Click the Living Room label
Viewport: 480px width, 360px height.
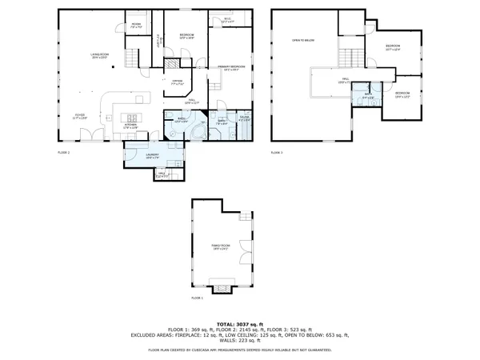pyautogui.click(x=98, y=55)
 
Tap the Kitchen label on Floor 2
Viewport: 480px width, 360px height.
pyautogui.click(x=132, y=126)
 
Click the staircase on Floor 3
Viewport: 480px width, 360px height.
pyautogui.click(x=349, y=58)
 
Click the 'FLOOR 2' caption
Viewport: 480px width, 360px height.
pyautogui.click(x=64, y=151)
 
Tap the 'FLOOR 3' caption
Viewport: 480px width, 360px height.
pyautogui.click(x=277, y=151)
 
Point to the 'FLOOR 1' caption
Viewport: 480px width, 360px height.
pyautogui.click(x=197, y=298)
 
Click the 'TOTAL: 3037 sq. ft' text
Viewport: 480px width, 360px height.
pyautogui.click(x=239, y=323)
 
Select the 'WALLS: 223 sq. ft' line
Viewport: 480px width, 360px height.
pyautogui.click(x=239, y=340)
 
